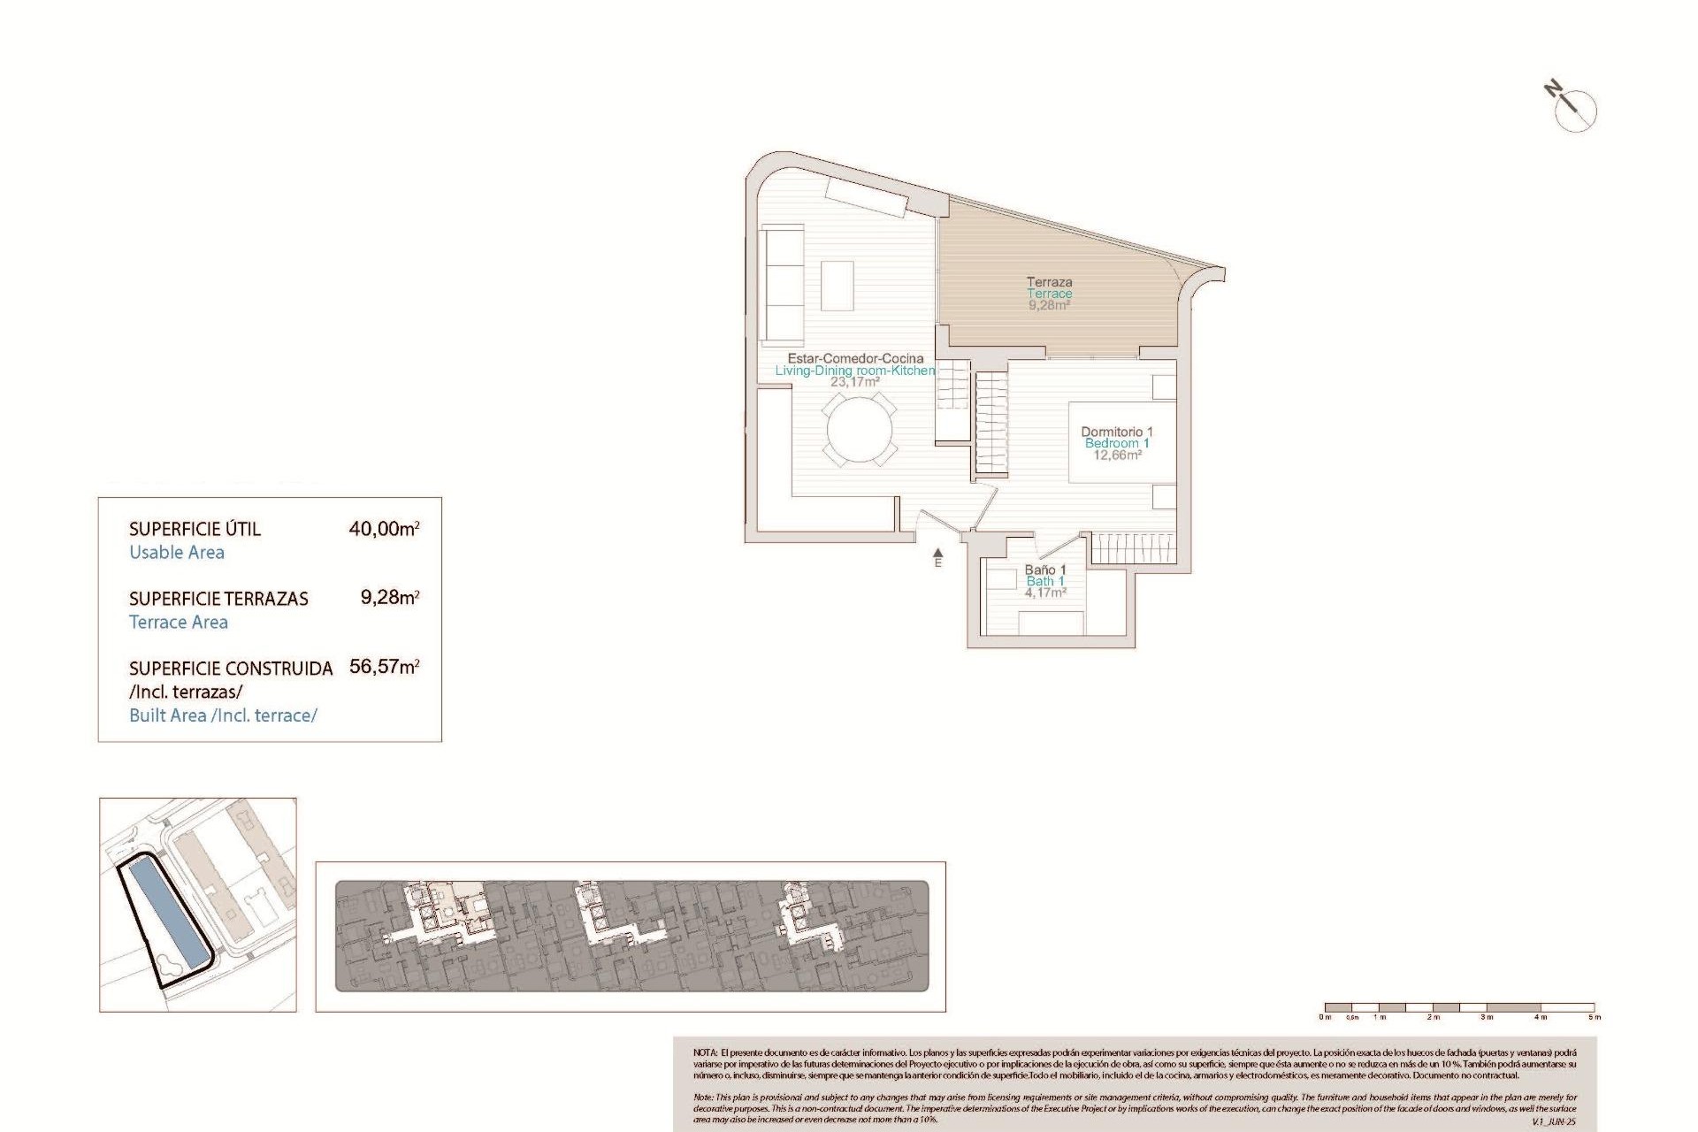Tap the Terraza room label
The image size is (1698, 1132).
tap(1049, 282)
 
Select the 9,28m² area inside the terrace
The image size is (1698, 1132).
tap(1049, 305)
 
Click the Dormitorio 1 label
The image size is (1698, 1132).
tap(1117, 432)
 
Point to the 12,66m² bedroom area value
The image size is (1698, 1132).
tap(1117, 455)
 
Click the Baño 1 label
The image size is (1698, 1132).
tap(1045, 570)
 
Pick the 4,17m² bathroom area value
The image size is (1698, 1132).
tap(1045, 593)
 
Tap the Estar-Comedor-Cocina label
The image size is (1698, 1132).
tap(855, 358)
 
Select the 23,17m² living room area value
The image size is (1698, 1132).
tap(854, 382)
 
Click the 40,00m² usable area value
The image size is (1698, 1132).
tap(384, 529)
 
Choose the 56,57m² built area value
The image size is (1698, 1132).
tap(384, 667)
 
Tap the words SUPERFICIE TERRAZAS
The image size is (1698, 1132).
tap(218, 599)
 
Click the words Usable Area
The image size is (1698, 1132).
tap(177, 553)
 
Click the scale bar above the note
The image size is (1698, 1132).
tap(1458, 1007)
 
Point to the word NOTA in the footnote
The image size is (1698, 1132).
tap(705, 1053)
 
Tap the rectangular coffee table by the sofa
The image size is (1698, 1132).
tap(838, 285)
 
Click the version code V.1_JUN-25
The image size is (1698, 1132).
tap(1553, 1121)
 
